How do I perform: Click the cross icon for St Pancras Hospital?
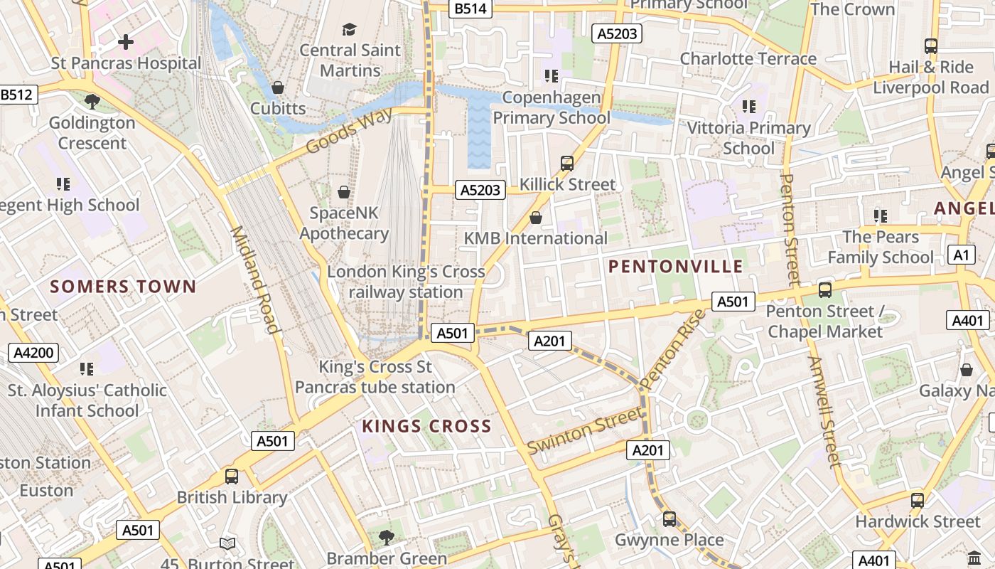tap(126, 42)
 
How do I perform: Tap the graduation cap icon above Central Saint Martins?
tap(349, 29)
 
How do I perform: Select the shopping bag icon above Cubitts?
tap(278, 87)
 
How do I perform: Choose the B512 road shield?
tap(18, 94)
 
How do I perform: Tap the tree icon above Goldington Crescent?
tap(92, 102)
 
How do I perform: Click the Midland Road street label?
tap(254, 280)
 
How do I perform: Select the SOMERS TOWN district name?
tap(123, 287)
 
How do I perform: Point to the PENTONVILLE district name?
tap(676, 267)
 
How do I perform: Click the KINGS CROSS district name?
tap(426, 426)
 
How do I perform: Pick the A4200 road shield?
tap(33, 353)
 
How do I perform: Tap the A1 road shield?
tap(961, 255)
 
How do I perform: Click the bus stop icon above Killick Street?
tap(567, 163)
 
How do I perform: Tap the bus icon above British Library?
tap(232, 477)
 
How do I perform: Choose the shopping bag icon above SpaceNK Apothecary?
tap(344, 192)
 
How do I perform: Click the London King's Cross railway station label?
tap(406, 282)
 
